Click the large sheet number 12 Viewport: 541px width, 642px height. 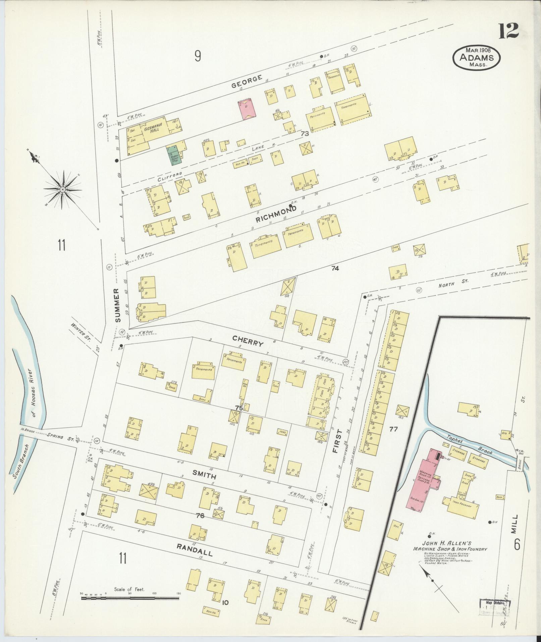click(508, 31)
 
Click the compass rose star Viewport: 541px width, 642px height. click(63, 190)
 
